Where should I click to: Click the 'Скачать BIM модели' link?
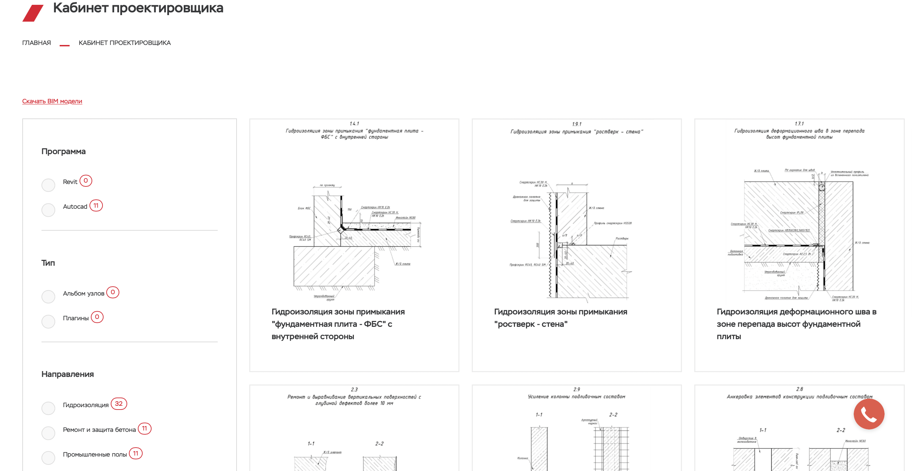(x=52, y=101)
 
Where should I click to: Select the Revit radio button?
(x=48, y=185)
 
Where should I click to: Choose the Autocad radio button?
(x=48, y=210)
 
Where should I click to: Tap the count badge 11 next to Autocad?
(x=96, y=206)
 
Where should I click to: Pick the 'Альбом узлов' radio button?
(x=48, y=297)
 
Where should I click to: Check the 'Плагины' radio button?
(x=48, y=321)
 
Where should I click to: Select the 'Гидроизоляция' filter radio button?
(x=48, y=408)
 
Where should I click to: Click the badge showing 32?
(x=119, y=404)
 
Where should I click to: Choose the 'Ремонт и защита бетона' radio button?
(x=48, y=433)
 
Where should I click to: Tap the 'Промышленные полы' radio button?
(x=48, y=458)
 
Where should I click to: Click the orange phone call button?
(x=868, y=414)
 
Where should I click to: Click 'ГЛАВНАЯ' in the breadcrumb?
(x=36, y=43)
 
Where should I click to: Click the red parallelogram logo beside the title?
(x=33, y=13)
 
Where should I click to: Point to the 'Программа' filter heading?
(x=64, y=151)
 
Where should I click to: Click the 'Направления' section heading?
(x=68, y=374)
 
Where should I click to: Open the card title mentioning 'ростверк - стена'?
(x=561, y=318)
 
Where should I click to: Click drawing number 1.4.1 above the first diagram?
(x=354, y=124)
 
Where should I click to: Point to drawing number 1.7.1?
(x=799, y=124)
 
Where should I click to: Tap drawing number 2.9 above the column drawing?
(x=576, y=389)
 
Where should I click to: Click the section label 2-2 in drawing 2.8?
(x=840, y=430)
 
